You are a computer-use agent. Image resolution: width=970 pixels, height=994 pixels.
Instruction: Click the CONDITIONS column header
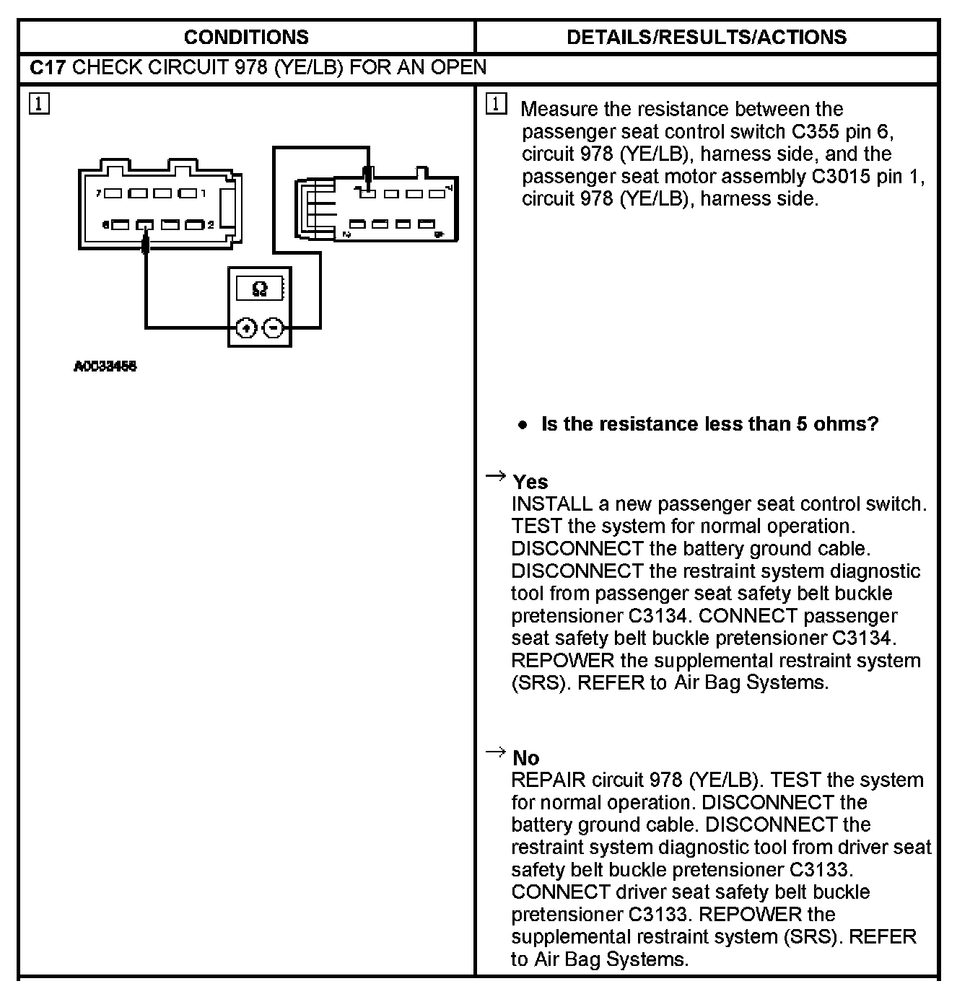click(246, 38)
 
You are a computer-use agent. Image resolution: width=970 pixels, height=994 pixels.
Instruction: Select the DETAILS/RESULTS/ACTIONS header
click(707, 38)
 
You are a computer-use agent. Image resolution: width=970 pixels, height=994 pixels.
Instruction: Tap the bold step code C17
click(48, 68)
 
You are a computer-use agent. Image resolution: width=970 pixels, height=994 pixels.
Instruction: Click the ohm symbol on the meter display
click(260, 289)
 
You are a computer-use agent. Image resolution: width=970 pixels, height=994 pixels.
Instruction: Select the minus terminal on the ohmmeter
click(273, 328)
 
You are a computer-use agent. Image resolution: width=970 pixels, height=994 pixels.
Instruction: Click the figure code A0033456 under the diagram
click(105, 366)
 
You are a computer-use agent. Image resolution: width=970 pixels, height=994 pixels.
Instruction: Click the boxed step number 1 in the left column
click(39, 104)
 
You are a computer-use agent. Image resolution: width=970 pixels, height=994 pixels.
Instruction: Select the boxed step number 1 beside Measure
click(497, 104)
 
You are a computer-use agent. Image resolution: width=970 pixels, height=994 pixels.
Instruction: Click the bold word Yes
click(530, 482)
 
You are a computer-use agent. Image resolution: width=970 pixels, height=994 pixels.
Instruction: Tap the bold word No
click(525, 758)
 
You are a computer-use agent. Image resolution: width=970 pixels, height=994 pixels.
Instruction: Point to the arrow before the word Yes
click(495, 475)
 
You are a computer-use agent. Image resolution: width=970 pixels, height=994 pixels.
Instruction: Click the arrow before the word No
click(495, 752)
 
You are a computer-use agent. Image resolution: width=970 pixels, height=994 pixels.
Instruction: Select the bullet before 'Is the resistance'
click(523, 425)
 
